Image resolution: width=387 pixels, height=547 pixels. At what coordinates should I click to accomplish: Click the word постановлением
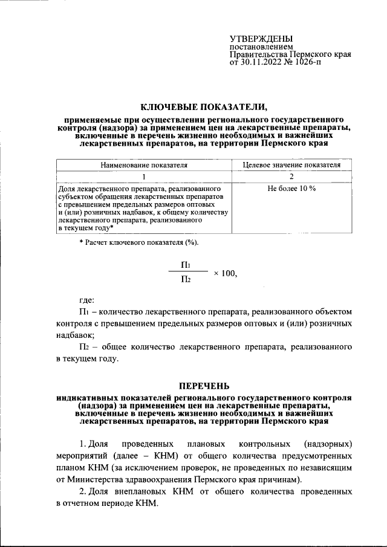pyautogui.click(x=261, y=47)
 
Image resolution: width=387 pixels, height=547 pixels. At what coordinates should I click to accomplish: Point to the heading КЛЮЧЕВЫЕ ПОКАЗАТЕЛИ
pyautogui.click(x=204, y=107)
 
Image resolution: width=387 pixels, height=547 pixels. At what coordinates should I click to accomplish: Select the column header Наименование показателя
pyautogui.click(x=144, y=164)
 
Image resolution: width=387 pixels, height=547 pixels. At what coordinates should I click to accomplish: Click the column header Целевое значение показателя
pyautogui.click(x=291, y=164)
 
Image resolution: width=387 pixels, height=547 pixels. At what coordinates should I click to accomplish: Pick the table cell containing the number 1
pyautogui.click(x=144, y=176)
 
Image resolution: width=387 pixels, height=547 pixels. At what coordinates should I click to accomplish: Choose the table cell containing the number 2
pyautogui.click(x=291, y=176)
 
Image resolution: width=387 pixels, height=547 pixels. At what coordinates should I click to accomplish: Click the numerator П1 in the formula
pyautogui.click(x=187, y=265)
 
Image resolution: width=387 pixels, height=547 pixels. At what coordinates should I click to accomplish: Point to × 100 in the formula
pyautogui.click(x=224, y=273)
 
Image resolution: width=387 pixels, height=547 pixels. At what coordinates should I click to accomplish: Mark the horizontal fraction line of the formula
pyautogui.click(x=187, y=272)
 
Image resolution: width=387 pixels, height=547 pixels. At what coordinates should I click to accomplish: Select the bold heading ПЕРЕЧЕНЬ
pyautogui.click(x=204, y=387)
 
